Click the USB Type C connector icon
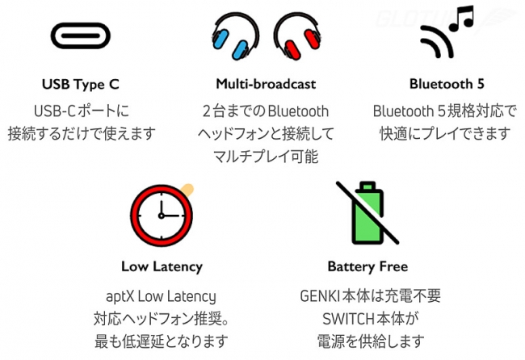point(80,36)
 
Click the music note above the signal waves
point(462,19)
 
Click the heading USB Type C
point(80,84)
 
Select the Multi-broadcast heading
point(266,84)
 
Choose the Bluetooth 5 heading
point(447,84)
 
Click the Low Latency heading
point(162,266)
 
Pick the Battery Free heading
point(367,266)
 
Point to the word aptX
point(120,297)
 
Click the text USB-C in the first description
point(54,111)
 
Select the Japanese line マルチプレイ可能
point(266,157)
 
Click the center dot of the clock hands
point(162,216)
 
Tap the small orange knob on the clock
point(187,189)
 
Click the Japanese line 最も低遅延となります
point(161,341)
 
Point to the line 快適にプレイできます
point(445,134)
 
